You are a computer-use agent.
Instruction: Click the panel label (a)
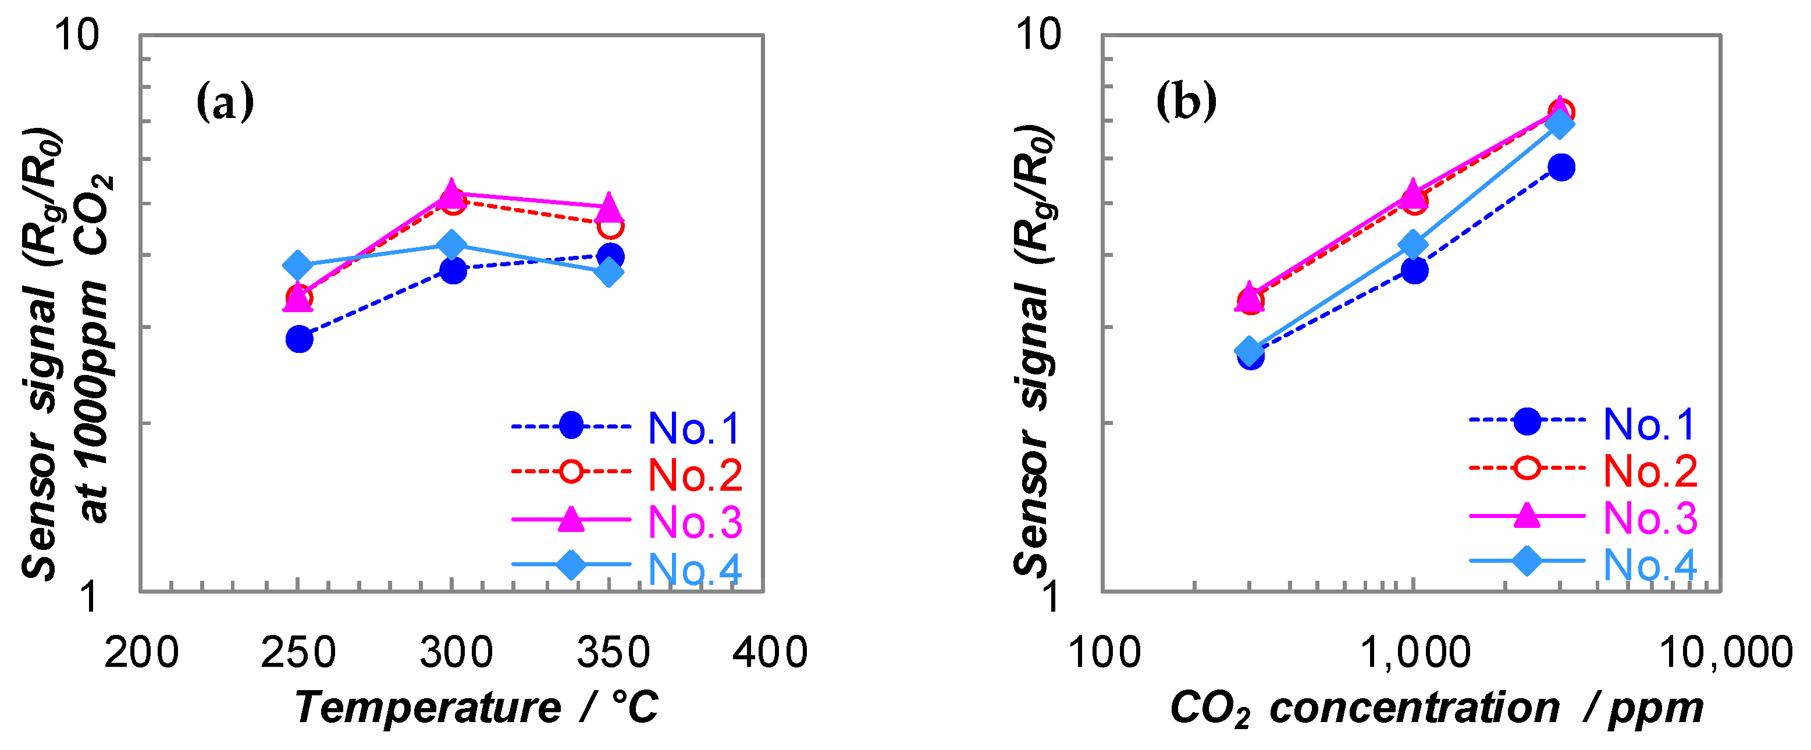pos(225,103)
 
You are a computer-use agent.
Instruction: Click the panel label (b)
pos(1186,103)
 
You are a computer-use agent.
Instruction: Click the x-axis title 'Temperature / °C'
pos(476,707)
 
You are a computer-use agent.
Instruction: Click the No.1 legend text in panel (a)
pos(694,427)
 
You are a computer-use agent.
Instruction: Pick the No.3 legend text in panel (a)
pos(695,522)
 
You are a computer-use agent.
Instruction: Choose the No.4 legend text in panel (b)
pos(1650,564)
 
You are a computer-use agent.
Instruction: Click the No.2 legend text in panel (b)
pos(1650,470)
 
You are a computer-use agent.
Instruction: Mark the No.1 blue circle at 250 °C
pos(300,340)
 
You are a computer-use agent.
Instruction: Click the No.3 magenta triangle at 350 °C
pos(610,206)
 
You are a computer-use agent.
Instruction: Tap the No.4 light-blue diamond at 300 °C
pos(452,245)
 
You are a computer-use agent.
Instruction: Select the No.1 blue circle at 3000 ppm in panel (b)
pos(1561,167)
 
